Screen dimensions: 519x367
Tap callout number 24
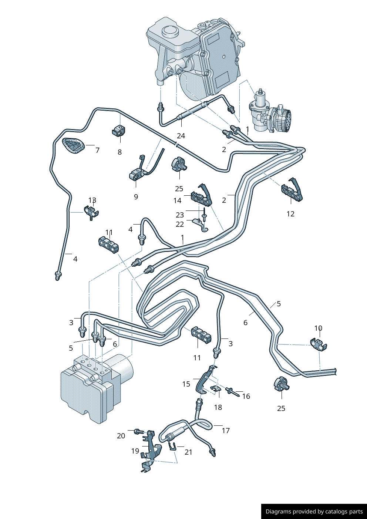pyautogui.click(x=181, y=136)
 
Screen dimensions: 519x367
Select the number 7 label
pyautogui.click(x=97, y=150)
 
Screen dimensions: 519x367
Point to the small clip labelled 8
pyautogui.click(x=119, y=131)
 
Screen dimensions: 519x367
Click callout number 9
pyautogui.click(x=136, y=196)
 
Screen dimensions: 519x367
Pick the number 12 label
pyautogui.click(x=290, y=213)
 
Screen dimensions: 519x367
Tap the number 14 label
pyautogui.click(x=178, y=200)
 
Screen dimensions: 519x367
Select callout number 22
pyautogui.click(x=180, y=224)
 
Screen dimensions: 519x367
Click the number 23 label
pyautogui.click(x=180, y=215)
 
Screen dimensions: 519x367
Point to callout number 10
pyautogui.click(x=318, y=328)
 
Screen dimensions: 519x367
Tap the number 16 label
pyautogui.click(x=246, y=396)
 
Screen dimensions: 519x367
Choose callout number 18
pyautogui.click(x=218, y=407)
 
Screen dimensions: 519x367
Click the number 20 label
pyautogui.click(x=121, y=436)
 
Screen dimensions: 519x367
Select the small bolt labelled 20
pyautogui.click(x=139, y=431)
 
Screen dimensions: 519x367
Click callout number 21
pyautogui.click(x=188, y=452)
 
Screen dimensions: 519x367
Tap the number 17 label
pyautogui.click(x=226, y=430)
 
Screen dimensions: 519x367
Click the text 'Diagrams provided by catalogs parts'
pyautogui.click(x=314, y=512)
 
